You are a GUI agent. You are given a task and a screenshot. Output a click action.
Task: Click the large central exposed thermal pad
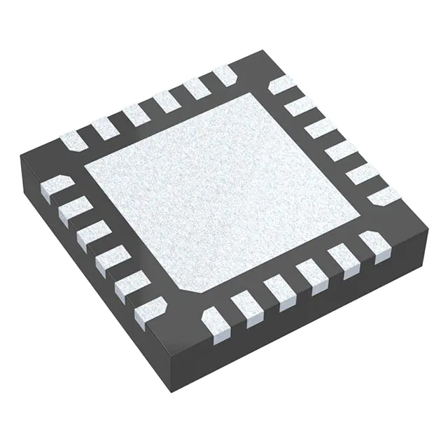224,192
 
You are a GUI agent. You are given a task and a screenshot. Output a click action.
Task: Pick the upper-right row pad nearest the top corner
282,85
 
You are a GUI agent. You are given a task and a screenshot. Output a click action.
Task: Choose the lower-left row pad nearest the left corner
55,187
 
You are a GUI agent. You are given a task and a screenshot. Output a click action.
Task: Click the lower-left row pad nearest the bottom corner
150,307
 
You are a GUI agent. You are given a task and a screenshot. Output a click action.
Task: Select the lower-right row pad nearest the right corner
374,246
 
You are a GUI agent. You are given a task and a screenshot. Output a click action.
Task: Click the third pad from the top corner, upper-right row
319,127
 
